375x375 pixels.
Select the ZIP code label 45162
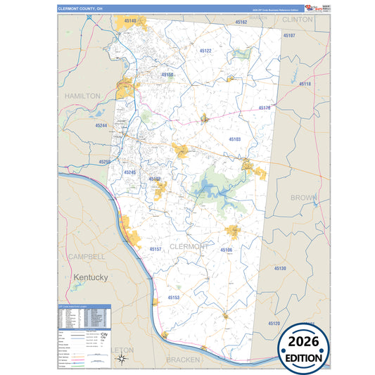(x=240, y=23)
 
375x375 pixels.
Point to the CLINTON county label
(x=296, y=20)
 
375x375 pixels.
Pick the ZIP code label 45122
(x=205, y=51)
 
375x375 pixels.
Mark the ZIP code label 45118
(x=304, y=84)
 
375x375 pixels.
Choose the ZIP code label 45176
(x=265, y=108)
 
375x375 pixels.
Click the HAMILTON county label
(x=83, y=95)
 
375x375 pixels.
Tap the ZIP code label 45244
(x=101, y=125)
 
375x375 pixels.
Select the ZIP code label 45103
(x=234, y=139)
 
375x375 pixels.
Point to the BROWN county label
(x=303, y=198)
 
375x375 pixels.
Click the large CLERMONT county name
(x=189, y=246)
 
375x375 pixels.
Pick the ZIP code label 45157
(x=155, y=249)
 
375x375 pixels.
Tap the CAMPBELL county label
(x=86, y=257)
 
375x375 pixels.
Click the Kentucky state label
(x=91, y=278)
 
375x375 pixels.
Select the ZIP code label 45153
(x=174, y=298)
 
